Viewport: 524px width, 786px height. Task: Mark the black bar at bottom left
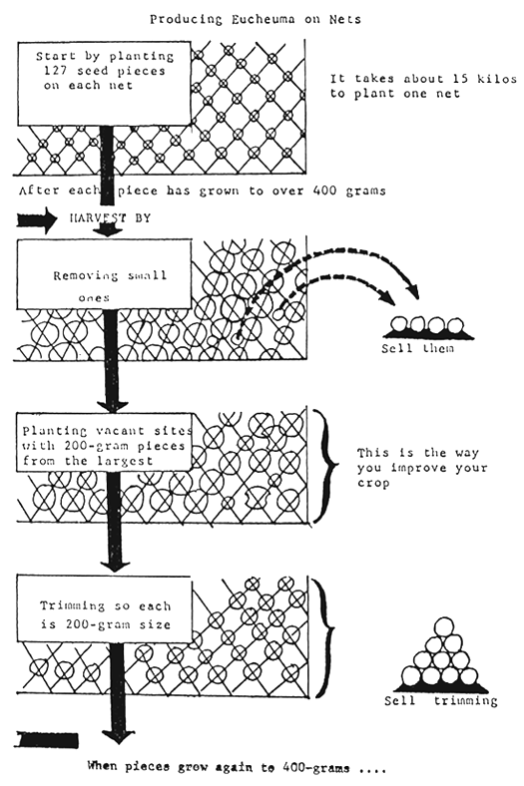click(x=44, y=740)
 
